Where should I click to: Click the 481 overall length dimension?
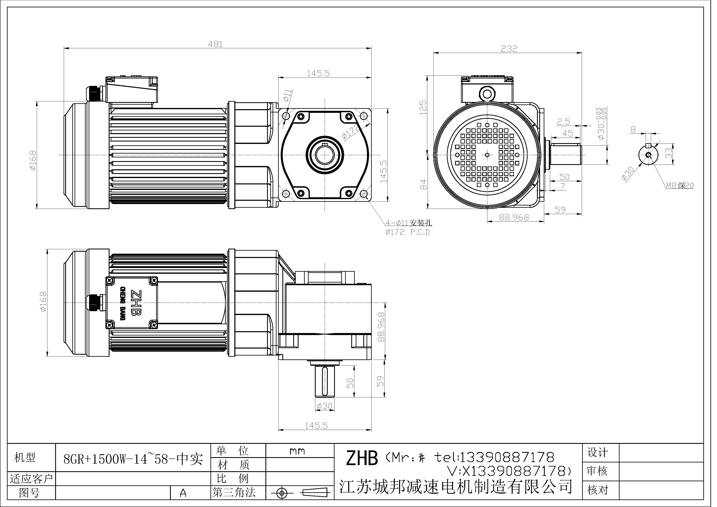(216, 44)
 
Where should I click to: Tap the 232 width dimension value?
(509, 49)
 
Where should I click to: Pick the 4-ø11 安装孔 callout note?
(409, 223)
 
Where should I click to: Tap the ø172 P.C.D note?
(407, 232)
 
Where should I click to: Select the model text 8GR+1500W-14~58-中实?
(133, 459)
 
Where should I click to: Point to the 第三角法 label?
(234, 493)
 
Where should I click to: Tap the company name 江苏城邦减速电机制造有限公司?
(456, 486)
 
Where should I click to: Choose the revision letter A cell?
(183, 493)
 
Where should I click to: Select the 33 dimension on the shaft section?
(668, 153)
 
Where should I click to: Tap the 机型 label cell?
(25, 458)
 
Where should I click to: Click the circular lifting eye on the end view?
(486, 93)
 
